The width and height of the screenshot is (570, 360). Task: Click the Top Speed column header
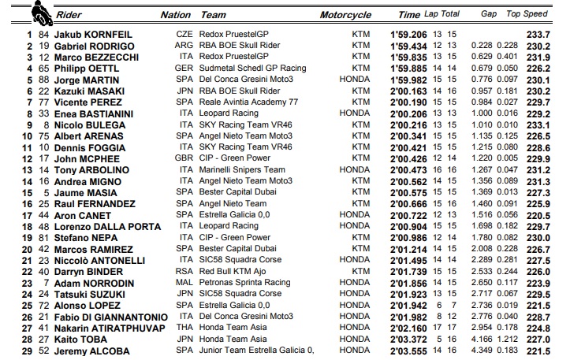pyautogui.click(x=527, y=14)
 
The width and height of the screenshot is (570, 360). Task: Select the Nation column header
pyautogui.click(x=175, y=14)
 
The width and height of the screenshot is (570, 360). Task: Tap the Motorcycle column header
pyautogui.click(x=345, y=14)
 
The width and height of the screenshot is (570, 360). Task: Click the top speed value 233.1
pyautogui.click(x=538, y=124)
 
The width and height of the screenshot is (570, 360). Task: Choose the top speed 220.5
pyautogui.click(x=538, y=215)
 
